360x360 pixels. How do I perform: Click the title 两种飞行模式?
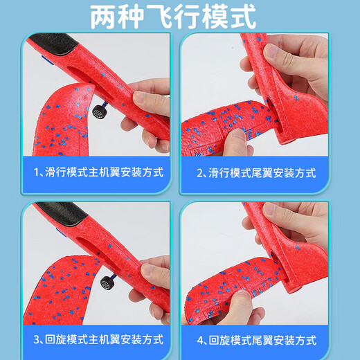pyautogui.click(x=173, y=16)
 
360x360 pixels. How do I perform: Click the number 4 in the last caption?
pyautogui.click(x=200, y=340)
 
